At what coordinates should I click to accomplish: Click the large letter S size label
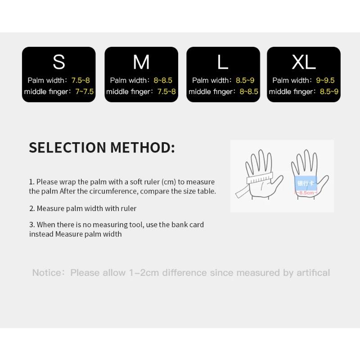(x=59, y=62)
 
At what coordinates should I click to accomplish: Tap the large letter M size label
(x=141, y=62)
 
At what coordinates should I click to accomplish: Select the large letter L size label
(x=223, y=62)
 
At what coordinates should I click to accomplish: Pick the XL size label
(x=304, y=62)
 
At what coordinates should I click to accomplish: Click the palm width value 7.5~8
(x=81, y=81)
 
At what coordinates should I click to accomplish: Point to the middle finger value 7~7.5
(x=84, y=92)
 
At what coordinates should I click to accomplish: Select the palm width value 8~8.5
(x=163, y=81)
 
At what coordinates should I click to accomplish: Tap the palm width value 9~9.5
(x=325, y=81)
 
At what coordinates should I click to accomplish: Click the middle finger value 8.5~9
(x=329, y=92)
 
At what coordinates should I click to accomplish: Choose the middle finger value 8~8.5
(x=249, y=92)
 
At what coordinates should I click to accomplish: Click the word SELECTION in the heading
(x=67, y=148)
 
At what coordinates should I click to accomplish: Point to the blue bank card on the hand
(x=306, y=183)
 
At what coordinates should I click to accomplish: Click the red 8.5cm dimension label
(x=306, y=193)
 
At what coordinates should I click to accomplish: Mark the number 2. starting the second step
(x=32, y=208)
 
